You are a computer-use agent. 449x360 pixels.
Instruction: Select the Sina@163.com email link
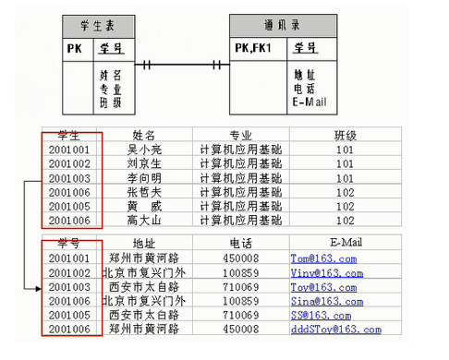click(322, 301)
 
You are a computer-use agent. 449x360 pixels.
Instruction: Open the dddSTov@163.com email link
click(335, 330)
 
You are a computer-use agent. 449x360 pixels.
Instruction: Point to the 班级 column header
click(346, 136)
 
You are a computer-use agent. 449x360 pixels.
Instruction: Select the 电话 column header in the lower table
click(240, 244)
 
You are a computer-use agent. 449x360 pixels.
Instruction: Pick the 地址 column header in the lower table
click(144, 244)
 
